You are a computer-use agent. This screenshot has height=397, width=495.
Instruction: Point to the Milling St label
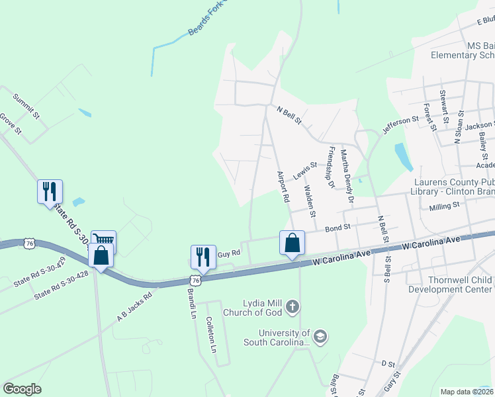[x=444, y=206]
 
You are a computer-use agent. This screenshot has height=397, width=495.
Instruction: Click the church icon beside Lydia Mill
[x=293, y=307]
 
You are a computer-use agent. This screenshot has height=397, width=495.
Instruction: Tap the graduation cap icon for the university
[x=320, y=337]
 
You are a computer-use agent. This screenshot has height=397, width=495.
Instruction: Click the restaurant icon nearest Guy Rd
[x=203, y=256]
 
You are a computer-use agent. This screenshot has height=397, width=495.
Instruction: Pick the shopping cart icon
[x=104, y=239]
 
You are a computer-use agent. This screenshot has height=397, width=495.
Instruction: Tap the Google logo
[x=22, y=389]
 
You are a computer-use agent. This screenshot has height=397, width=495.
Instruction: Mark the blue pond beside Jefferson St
[x=402, y=157]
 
